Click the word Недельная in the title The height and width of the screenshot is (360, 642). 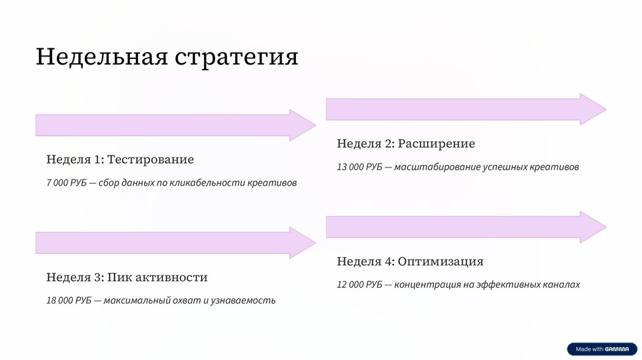[x=101, y=56]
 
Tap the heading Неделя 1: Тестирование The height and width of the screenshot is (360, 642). [x=120, y=159]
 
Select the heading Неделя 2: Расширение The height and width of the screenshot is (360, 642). [x=406, y=144]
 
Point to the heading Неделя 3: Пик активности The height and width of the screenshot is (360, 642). [x=127, y=277]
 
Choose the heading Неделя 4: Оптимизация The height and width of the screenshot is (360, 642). [x=410, y=262]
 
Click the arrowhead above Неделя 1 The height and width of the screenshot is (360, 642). [x=301, y=125]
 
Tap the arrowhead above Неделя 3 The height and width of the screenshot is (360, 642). [x=301, y=243]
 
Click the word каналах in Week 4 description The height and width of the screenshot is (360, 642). [x=562, y=285]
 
